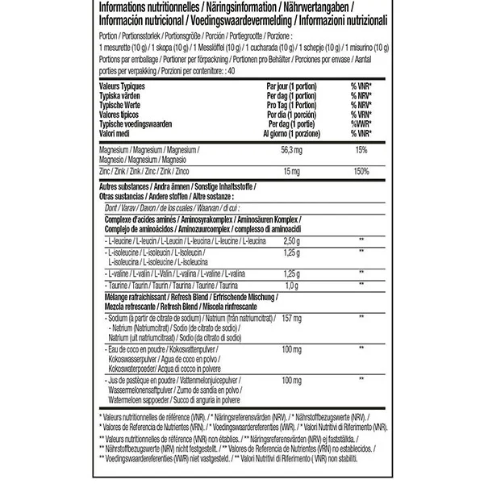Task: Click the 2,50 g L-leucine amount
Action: tap(292, 242)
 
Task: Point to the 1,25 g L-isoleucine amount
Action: tap(292, 253)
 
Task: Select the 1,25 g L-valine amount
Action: tap(292, 274)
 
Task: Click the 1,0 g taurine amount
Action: tap(290, 286)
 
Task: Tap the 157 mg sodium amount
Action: tap(294, 319)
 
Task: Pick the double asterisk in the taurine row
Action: tap(361, 286)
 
